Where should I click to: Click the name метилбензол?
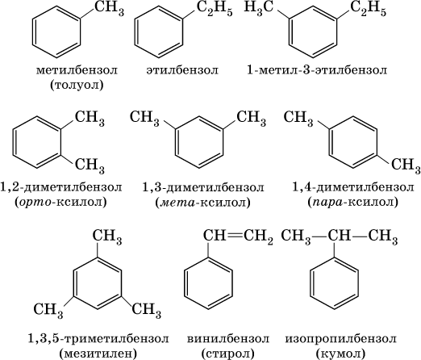pyautogui.click(x=77, y=70)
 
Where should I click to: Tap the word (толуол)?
pyautogui.click(x=77, y=85)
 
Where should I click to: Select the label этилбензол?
pyautogui.click(x=182, y=70)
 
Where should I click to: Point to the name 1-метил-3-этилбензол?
pyautogui.click(x=317, y=70)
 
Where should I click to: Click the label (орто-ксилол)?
pyautogui.click(x=61, y=202)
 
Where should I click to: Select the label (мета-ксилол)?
pyautogui.click(x=202, y=203)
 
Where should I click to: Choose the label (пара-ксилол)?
pyautogui.click(x=352, y=202)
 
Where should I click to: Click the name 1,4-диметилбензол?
pyautogui.click(x=353, y=187)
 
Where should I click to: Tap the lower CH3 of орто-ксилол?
pyautogui.click(x=90, y=165)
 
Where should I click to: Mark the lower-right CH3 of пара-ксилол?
pyautogui.click(x=406, y=165)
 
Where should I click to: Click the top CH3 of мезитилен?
pyautogui.click(x=107, y=236)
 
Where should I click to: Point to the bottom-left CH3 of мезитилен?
pyautogui.click(x=48, y=310)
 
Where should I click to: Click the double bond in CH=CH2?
pyautogui.click(x=234, y=236)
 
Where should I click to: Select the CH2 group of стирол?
pyautogui.click(x=258, y=236)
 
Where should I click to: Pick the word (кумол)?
pyautogui.click(x=340, y=353)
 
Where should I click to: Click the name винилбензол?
pyautogui.click(x=228, y=339)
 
